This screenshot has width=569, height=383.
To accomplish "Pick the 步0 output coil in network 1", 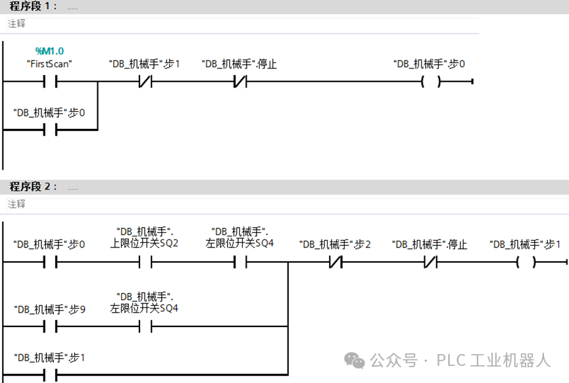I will tap(430, 82).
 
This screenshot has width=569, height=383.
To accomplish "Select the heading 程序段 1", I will tap(33, 6).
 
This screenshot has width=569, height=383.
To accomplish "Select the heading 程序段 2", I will tap(33, 186).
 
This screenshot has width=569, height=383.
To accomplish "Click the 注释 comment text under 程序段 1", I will tap(16, 23).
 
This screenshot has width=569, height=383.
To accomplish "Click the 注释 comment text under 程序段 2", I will tap(16, 204).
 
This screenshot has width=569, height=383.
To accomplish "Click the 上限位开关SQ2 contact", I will tap(145, 262).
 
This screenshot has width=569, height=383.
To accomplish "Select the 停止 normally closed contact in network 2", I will tap(430, 262).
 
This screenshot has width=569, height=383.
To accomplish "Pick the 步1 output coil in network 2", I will tap(526, 262).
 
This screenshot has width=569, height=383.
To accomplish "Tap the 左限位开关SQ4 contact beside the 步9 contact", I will tap(145, 326).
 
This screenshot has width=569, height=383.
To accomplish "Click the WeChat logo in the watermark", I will tap(355, 360).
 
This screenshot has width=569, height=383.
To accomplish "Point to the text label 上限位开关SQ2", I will tap(145, 243).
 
